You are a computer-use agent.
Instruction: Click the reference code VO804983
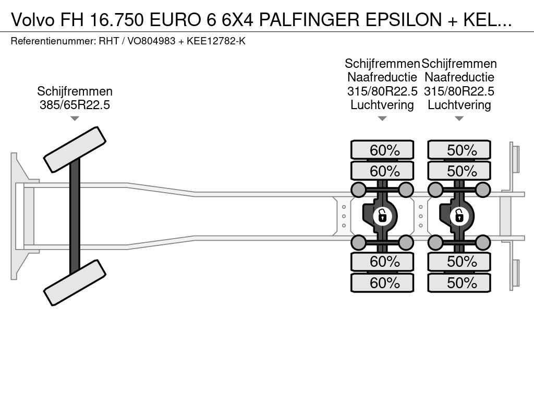click(151, 41)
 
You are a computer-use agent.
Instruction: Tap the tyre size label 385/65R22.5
click(75, 104)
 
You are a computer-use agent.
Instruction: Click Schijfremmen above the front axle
click(75, 91)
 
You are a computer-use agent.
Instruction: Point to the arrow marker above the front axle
click(75, 119)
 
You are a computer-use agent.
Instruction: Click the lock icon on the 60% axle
click(382, 215)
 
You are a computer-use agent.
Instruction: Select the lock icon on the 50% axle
click(459, 215)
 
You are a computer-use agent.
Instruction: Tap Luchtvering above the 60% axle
click(382, 105)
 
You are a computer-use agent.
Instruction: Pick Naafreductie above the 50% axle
click(459, 77)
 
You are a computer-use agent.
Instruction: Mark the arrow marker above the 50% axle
click(459, 119)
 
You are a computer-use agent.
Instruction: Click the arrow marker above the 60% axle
click(382, 119)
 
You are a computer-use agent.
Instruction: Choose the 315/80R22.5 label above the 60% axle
click(382, 91)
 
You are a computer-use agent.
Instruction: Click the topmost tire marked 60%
click(382, 150)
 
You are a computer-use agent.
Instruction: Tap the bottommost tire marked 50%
click(459, 283)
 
